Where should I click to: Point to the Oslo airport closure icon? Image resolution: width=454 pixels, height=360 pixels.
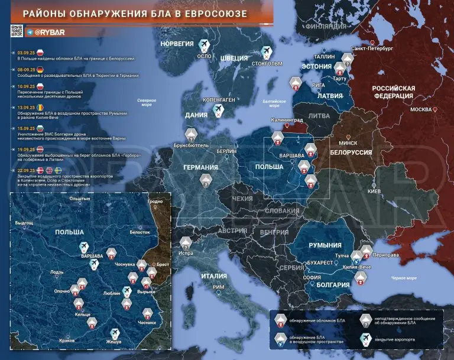[205, 46]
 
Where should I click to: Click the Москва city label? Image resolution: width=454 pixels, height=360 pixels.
[421, 110]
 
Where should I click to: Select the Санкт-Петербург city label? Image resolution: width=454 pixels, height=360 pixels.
[372, 49]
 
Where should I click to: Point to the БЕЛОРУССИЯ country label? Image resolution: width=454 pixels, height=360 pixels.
[351, 153]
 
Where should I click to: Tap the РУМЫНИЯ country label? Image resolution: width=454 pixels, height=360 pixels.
[325, 245]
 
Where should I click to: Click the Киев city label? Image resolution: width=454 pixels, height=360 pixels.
[374, 192]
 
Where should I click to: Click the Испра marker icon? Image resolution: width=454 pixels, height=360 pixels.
[186, 242]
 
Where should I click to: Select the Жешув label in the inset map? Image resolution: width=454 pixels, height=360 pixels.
[113, 342]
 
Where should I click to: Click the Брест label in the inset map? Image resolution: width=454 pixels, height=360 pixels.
[163, 265]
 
